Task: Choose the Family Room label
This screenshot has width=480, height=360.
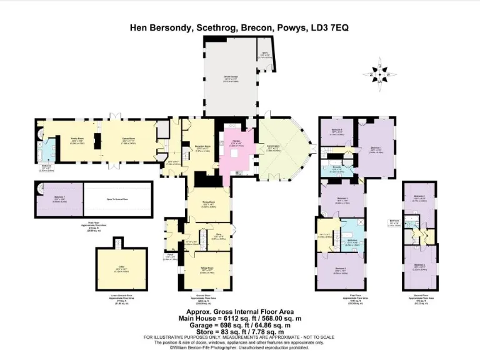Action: click(79, 141)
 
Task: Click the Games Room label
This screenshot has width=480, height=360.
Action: click(129, 141)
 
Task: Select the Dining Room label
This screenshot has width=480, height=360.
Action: click(208, 203)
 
